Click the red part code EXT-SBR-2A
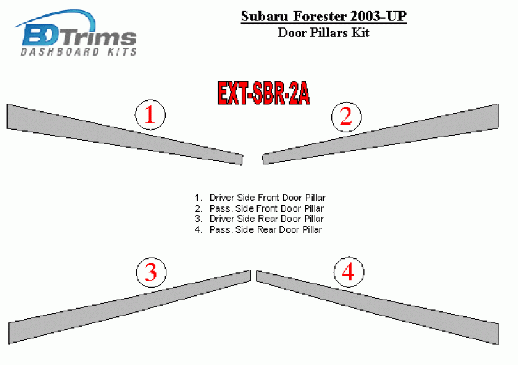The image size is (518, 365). click(263, 93)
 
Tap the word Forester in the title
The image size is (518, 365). click(320, 16)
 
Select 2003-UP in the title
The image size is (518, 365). click(379, 16)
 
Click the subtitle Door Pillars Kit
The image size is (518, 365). click(324, 33)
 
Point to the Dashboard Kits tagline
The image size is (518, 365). click(79, 52)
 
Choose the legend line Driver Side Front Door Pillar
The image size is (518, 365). click(260, 198)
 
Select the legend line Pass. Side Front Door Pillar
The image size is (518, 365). click(258, 208)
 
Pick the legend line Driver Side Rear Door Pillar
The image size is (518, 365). click(258, 219)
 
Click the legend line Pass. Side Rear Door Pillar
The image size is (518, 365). click(258, 229)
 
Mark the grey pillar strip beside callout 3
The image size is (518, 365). click(129, 307)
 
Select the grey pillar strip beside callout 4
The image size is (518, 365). click(377, 307)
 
